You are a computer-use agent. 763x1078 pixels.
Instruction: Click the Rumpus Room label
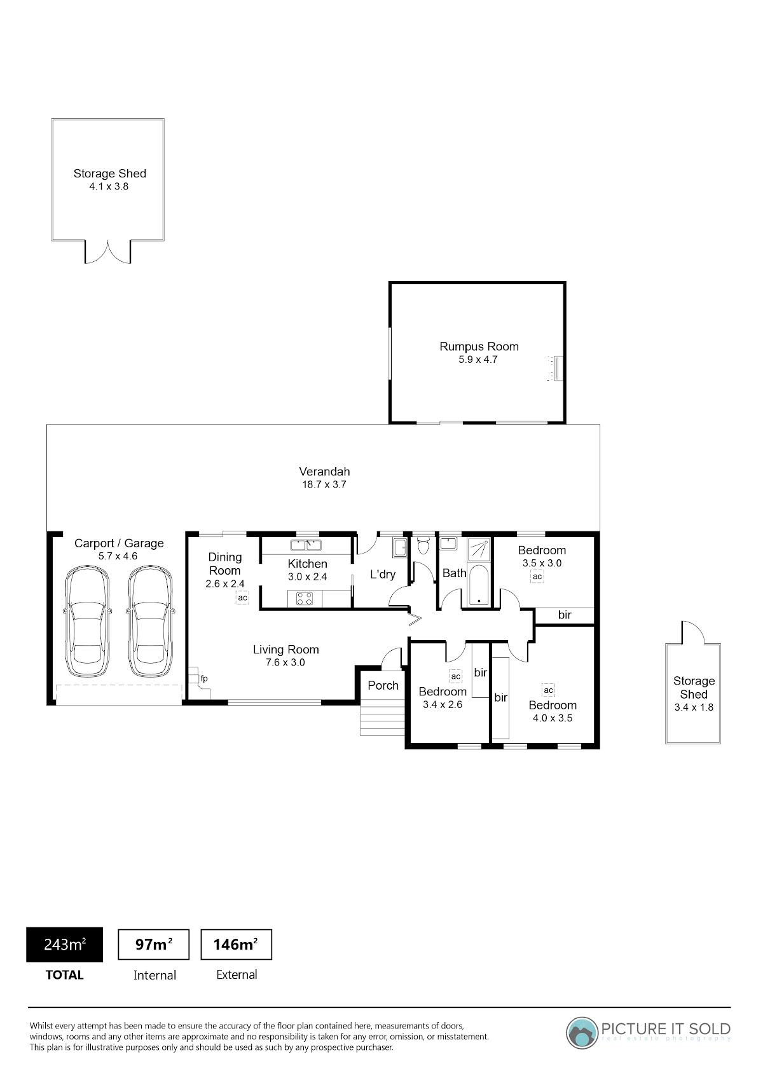click(x=479, y=346)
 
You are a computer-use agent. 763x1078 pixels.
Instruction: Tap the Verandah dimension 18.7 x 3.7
click(x=324, y=484)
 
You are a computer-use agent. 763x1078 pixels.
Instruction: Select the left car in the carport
click(x=87, y=622)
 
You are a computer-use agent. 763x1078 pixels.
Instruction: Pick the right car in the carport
click(x=149, y=622)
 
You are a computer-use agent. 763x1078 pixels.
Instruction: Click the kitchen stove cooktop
click(x=304, y=599)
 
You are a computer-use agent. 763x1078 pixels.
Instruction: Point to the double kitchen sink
click(x=306, y=545)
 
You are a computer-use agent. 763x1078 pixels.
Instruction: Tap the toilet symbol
click(x=423, y=545)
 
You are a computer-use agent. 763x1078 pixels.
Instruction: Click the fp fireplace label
click(x=204, y=679)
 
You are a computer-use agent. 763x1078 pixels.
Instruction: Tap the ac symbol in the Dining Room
click(x=243, y=597)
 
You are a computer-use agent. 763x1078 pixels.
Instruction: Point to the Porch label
click(x=383, y=685)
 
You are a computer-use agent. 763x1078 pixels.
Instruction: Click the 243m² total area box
click(x=64, y=945)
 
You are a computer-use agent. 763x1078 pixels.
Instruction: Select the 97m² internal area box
click(x=154, y=945)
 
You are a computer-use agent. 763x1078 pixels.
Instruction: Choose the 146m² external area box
click(x=236, y=945)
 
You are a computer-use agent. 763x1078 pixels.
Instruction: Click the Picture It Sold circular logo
click(x=582, y=1032)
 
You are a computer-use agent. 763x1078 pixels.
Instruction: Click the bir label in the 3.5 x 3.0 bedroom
click(x=565, y=615)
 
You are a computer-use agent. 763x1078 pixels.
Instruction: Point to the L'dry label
click(x=383, y=575)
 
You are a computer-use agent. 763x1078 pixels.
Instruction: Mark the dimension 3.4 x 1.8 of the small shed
click(x=694, y=707)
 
